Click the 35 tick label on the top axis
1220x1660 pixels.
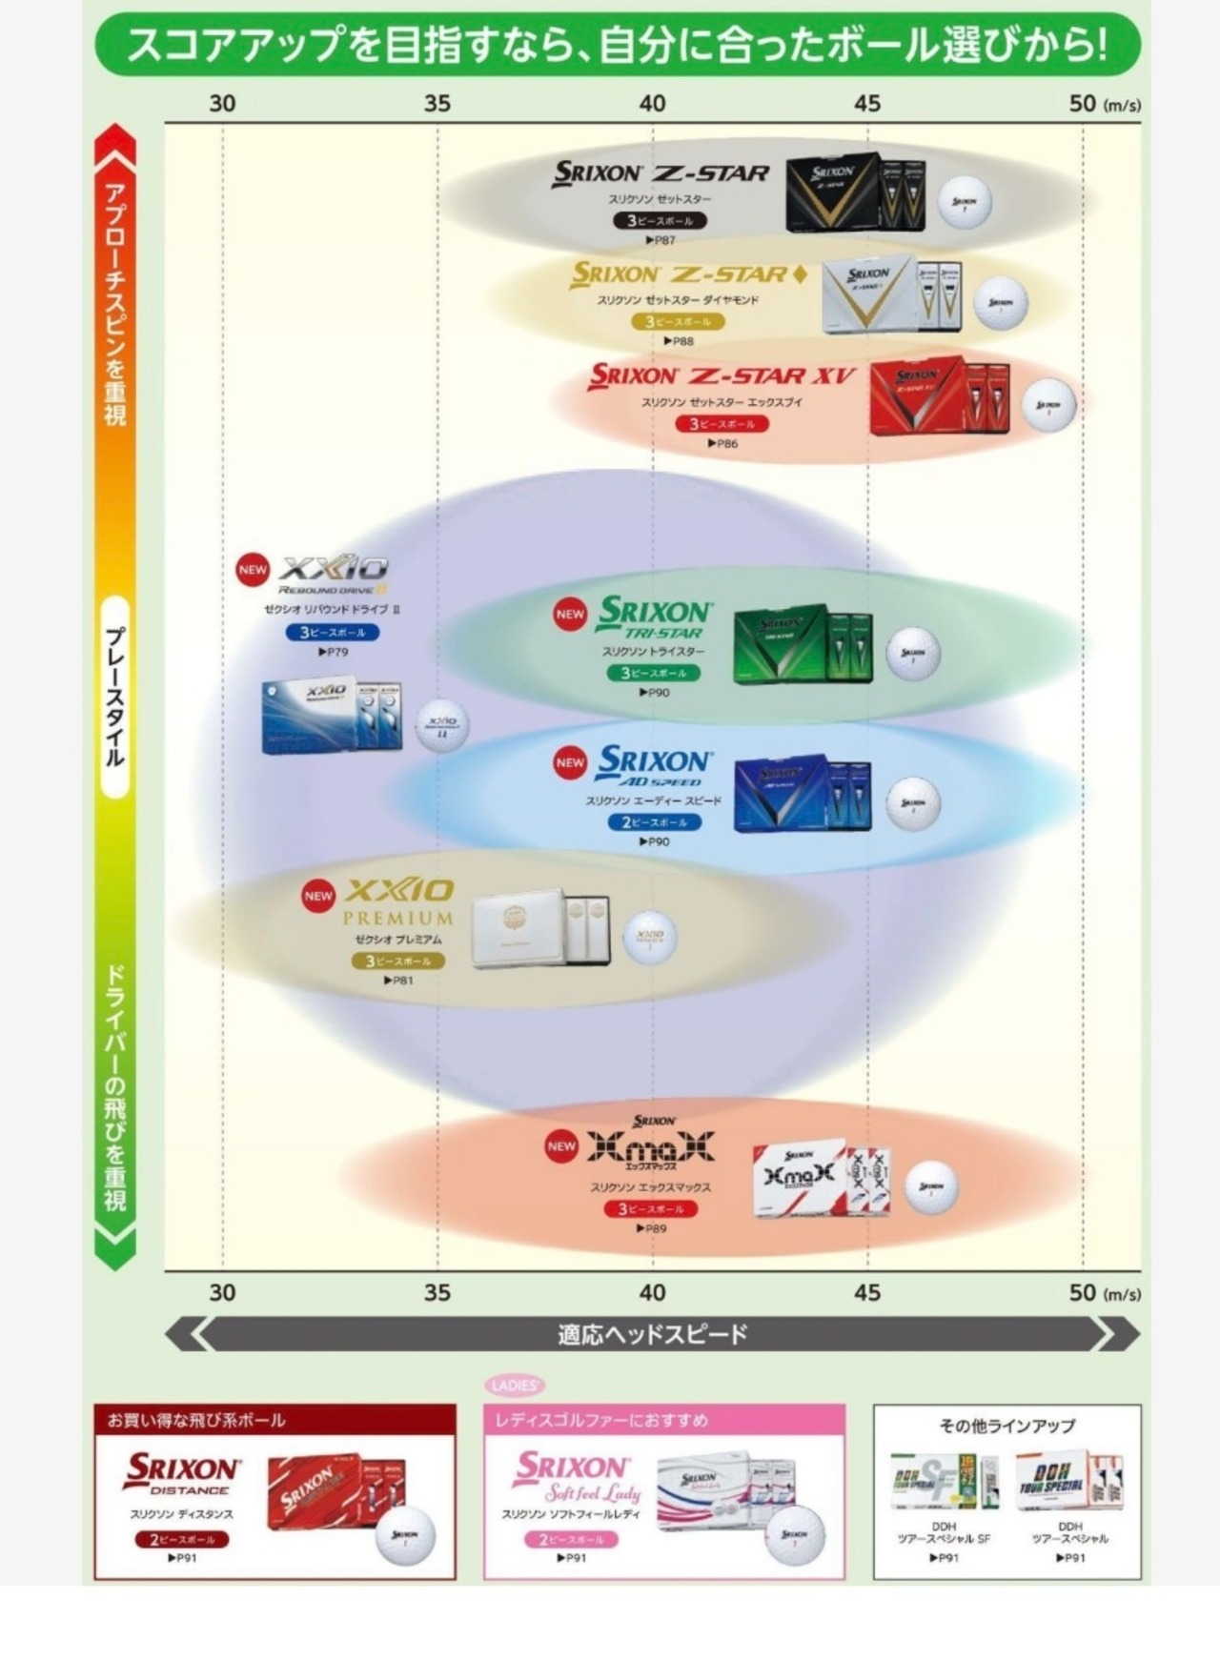tap(437, 103)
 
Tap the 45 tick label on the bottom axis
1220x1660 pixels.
tap(866, 1292)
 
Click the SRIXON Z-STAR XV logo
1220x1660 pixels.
tap(722, 375)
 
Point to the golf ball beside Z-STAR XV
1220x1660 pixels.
tap(1048, 404)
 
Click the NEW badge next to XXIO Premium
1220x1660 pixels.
tap(318, 896)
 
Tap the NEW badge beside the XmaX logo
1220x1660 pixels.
tap(561, 1146)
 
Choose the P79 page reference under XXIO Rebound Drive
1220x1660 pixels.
tap(333, 653)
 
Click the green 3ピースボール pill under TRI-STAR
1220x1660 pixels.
tap(653, 673)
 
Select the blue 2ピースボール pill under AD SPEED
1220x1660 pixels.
tap(654, 822)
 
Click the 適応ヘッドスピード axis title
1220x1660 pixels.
tap(652, 1334)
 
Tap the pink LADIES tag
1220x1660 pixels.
tap(516, 1386)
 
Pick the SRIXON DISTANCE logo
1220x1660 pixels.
tap(181, 1473)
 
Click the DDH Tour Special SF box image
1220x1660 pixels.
tap(944, 1482)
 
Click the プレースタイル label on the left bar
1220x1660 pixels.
tap(114, 697)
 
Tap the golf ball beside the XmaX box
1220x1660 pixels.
tap(930, 1187)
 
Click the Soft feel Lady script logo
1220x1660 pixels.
tap(592, 1492)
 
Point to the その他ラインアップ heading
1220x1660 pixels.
tap(1006, 1426)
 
